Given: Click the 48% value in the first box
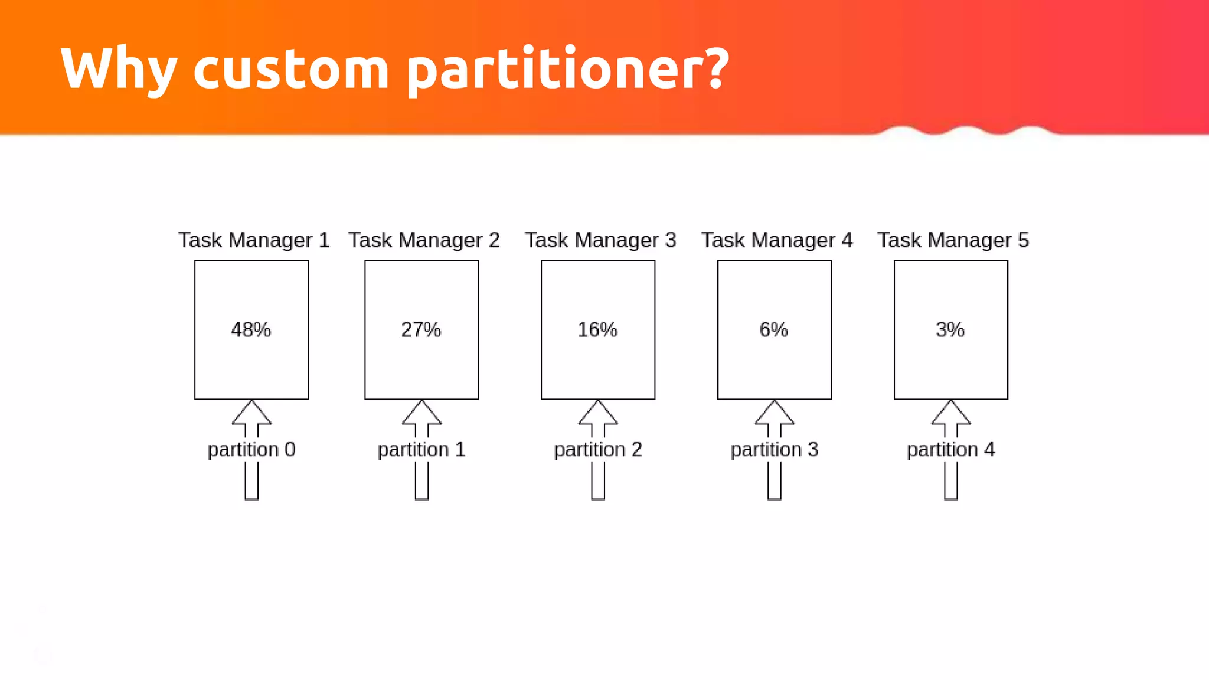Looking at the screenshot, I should [x=251, y=329].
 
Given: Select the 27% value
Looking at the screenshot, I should [x=421, y=329].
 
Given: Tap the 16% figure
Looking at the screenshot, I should [x=597, y=329].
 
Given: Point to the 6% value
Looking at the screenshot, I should [x=773, y=329].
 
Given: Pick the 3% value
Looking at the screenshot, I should [x=950, y=329].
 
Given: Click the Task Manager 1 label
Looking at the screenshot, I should [x=254, y=240].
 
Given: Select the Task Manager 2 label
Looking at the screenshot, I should [x=424, y=240].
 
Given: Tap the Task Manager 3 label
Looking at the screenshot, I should [x=600, y=240].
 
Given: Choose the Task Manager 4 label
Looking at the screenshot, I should [x=777, y=240].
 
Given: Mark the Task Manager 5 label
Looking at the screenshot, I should [x=953, y=240].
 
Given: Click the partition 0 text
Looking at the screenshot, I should [x=251, y=450].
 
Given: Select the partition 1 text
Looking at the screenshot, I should [x=421, y=450].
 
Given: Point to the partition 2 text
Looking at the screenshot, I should [x=598, y=450].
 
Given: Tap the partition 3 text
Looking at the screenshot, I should [x=775, y=450].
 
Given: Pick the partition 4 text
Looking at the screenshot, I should [x=950, y=450].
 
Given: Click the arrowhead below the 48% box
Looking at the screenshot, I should [x=251, y=414].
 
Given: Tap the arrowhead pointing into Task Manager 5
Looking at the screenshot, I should [x=950, y=414].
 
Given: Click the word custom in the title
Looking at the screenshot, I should [x=291, y=68].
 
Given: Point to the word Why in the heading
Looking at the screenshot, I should [x=118, y=68].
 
